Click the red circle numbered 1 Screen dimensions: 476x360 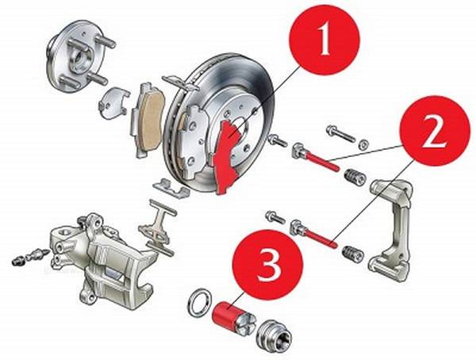(x=324, y=40)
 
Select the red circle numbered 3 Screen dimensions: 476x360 (x=268, y=265)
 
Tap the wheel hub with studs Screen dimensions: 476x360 (x=79, y=58)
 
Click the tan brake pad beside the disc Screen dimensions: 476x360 (x=149, y=119)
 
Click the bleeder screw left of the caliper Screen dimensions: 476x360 (x=30, y=256)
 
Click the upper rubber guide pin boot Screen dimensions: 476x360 (x=355, y=177)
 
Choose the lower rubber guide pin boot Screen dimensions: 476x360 (x=352, y=254)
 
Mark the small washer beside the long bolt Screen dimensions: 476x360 (x=363, y=145)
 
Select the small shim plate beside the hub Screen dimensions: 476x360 (x=113, y=102)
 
